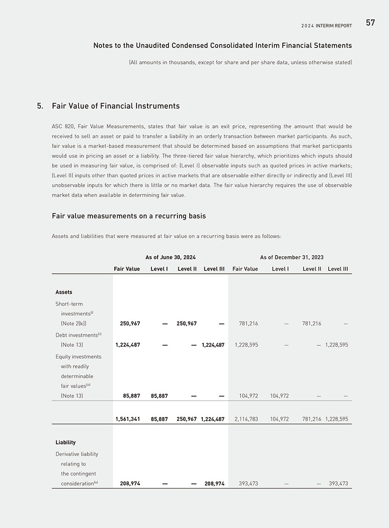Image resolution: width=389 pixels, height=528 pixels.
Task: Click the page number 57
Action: coord(370,23)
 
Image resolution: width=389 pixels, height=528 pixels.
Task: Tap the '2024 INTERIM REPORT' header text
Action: coord(326,26)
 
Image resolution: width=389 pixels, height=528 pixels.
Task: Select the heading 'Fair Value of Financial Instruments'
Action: coord(116,106)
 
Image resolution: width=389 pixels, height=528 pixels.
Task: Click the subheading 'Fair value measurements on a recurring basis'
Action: coord(129,216)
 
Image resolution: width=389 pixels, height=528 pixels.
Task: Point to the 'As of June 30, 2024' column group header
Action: coord(170,257)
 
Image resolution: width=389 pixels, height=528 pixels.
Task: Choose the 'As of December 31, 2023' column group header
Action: coord(291,257)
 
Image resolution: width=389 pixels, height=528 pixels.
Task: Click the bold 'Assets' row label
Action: coord(64,292)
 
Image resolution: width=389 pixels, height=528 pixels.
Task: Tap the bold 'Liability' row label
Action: coord(65,442)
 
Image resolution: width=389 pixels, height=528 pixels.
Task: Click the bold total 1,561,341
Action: coord(128,419)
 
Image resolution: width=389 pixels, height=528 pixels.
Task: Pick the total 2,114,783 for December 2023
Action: coord(245,419)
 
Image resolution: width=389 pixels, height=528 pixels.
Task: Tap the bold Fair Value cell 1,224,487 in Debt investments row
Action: coord(128,345)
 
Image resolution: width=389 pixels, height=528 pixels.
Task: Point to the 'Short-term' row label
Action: coord(69,304)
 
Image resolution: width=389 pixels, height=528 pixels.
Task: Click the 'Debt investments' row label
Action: coord(76,335)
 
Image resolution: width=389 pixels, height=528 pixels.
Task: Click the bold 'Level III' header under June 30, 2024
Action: coord(214,269)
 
